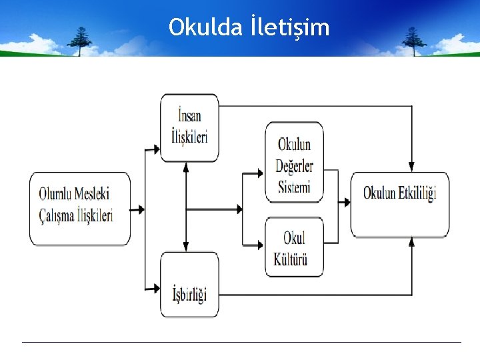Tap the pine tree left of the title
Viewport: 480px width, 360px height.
point(82,40)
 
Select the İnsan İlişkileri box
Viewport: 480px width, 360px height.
point(189,127)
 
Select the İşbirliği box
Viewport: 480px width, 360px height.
point(189,285)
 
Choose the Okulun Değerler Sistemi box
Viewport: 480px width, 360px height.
point(295,162)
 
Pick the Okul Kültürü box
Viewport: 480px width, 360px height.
point(295,247)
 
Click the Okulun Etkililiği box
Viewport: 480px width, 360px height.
point(399,204)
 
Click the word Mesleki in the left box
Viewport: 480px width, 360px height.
point(93,194)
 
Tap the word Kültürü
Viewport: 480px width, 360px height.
point(291,258)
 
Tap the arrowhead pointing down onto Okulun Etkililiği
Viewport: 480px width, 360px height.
point(412,167)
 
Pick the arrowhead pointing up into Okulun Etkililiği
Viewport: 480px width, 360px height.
point(412,242)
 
